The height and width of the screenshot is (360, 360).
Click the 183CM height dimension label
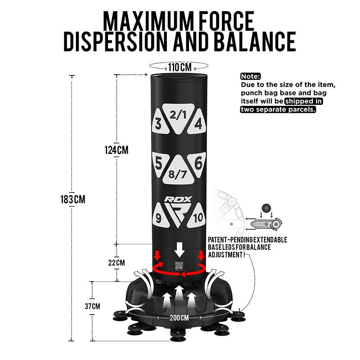[x=73, y=199]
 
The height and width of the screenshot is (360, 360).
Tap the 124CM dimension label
[x=117, y=150]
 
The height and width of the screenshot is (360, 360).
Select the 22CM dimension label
[x=117, y=262]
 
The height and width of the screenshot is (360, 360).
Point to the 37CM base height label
[x=92, y=306]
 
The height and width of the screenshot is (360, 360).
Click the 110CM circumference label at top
[x=180, y=67]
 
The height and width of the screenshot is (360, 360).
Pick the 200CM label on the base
[x=179, y=318]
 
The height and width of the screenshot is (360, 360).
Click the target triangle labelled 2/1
[x=178, y=117]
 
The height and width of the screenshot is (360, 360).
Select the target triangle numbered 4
[x=197, y=121]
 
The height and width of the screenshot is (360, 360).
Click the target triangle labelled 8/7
[x=177, y=171]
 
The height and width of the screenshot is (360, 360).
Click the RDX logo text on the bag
[x=178, y=199]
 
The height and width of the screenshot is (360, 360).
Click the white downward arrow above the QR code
[x=179, y=249]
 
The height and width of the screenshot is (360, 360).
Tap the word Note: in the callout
[x=251, y=76]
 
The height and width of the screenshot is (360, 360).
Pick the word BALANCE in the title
[x=255, y=41]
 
